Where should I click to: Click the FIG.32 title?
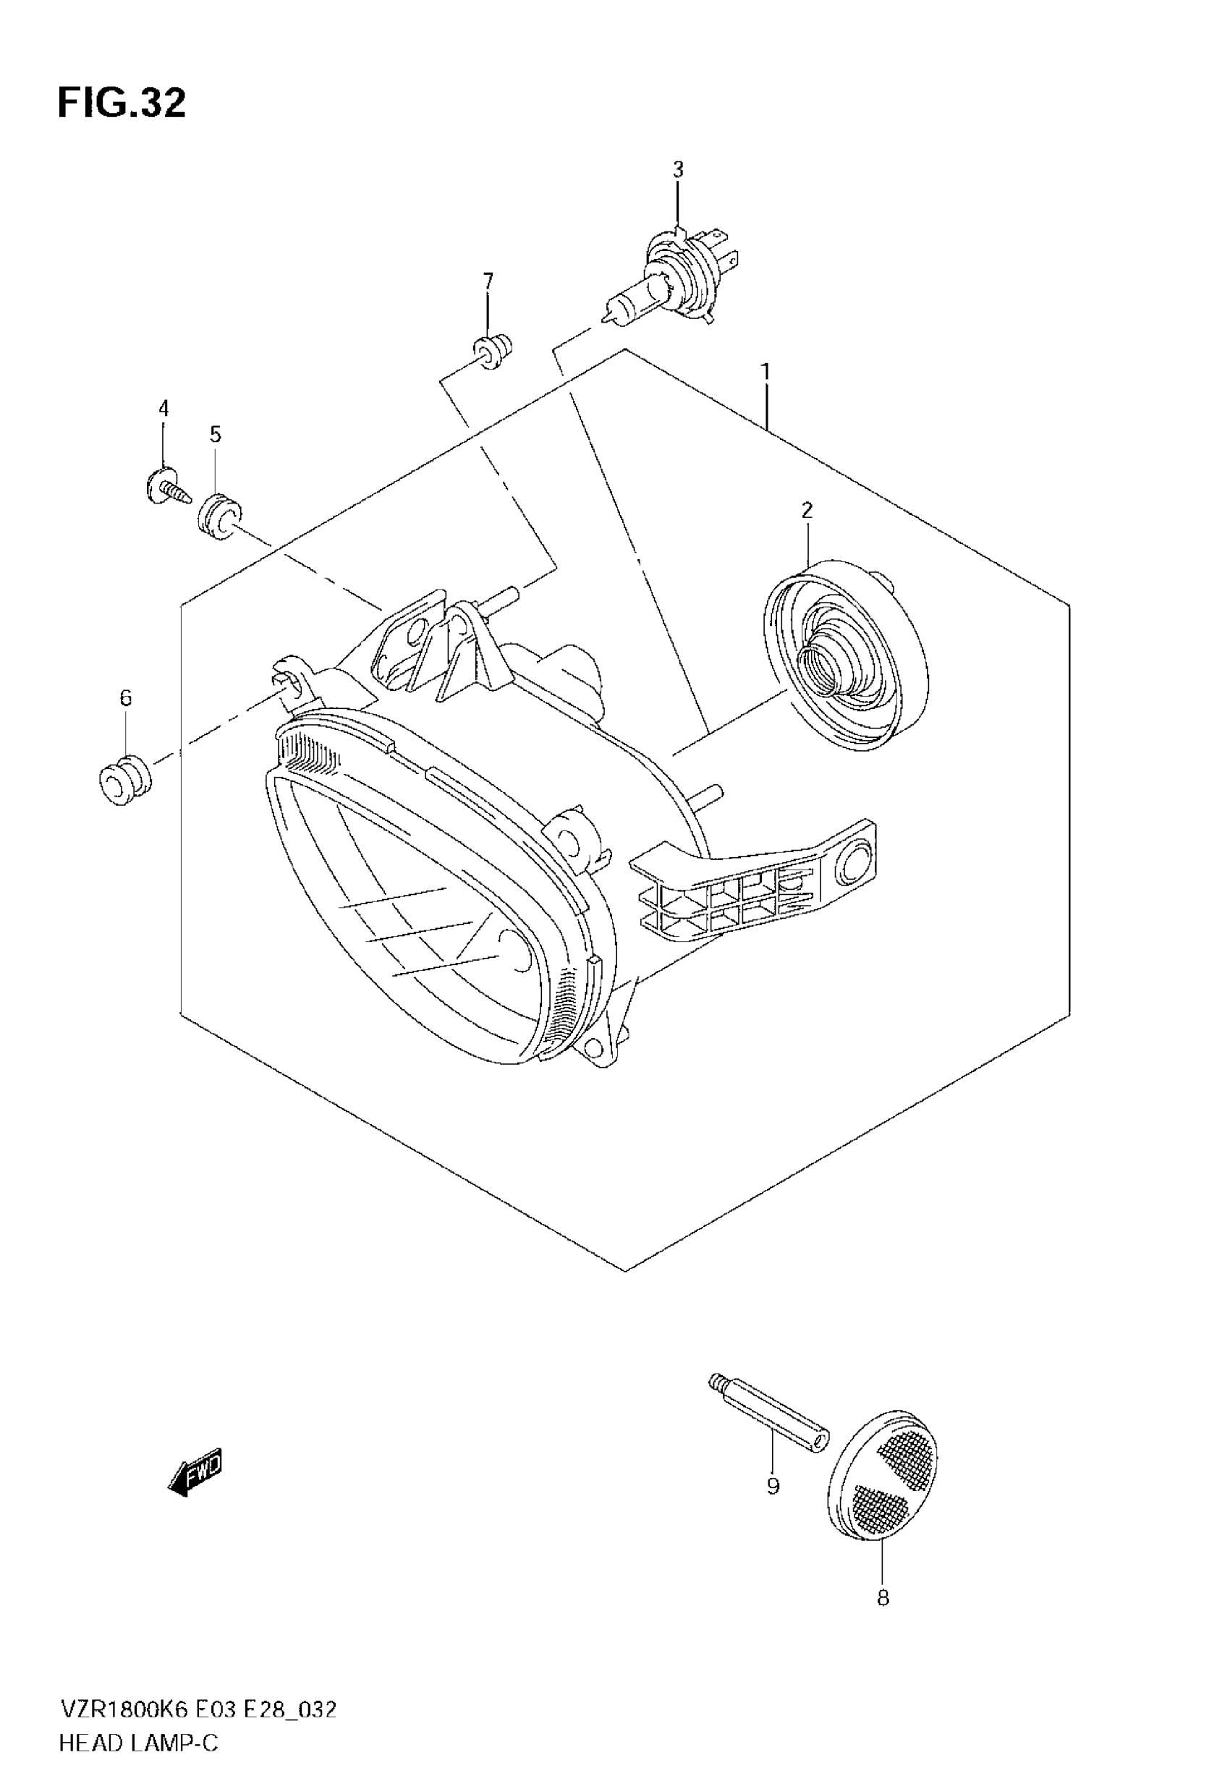pos(122,104)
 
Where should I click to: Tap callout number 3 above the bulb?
pos(677,169)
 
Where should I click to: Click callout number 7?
pos(488,281)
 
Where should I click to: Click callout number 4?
pos(164,408)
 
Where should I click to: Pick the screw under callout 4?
pos(165,488)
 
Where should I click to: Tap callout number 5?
pos(215,435)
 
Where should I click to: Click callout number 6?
pos(126,698)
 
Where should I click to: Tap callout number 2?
pos(807,510)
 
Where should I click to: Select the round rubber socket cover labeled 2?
pos(844,654)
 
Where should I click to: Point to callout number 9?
pos(773,1485)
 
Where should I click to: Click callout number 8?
pos(883,1598)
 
